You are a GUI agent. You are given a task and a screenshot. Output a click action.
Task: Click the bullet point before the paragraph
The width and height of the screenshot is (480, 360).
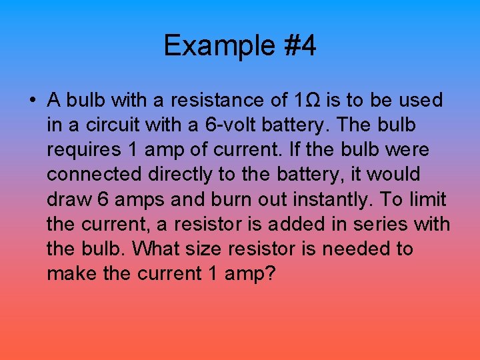tap(32, 100)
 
